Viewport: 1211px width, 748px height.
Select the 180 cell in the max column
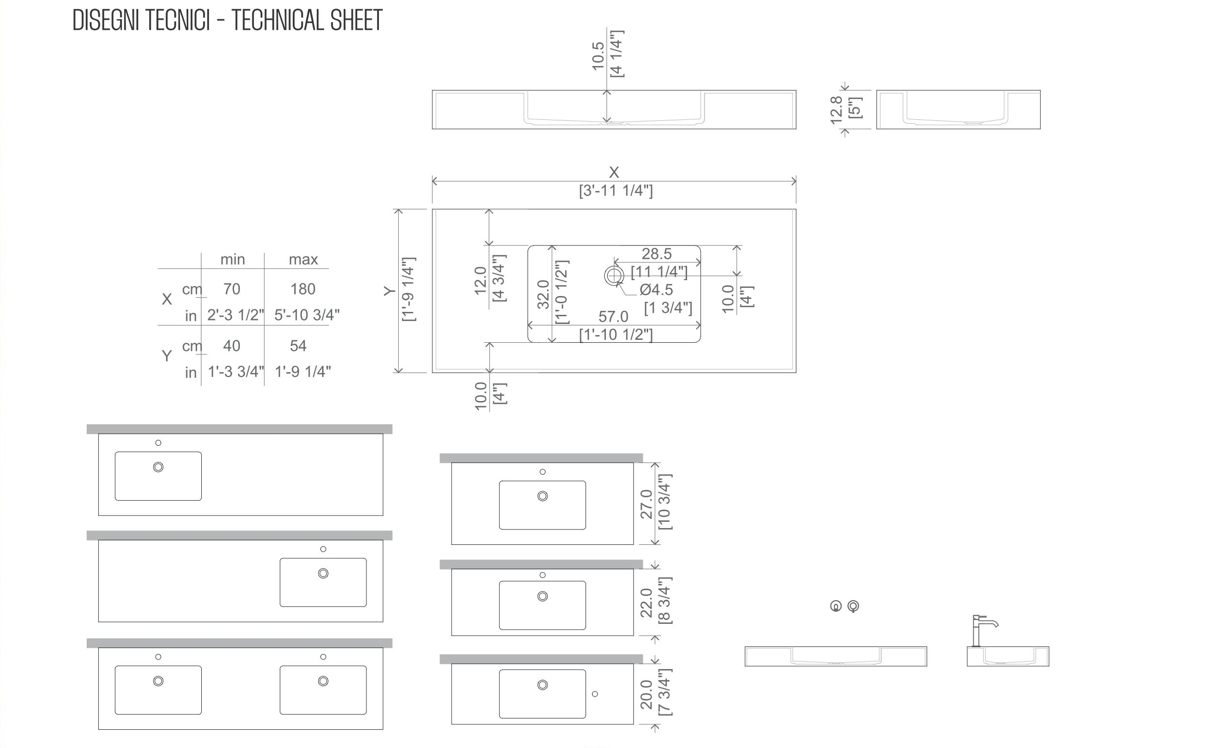(302, 289)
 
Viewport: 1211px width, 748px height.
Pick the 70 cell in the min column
(232, 289)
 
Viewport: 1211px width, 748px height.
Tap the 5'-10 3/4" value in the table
(307, 315)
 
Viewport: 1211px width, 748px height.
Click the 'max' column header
(303, 259)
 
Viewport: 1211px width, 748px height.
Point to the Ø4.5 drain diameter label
(656, 289)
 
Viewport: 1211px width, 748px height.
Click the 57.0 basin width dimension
(613, 317)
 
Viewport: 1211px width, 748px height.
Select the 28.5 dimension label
(657, 254)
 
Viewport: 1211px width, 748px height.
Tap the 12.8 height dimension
(836, 110)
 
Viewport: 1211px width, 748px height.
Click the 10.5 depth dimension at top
(599, 56)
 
